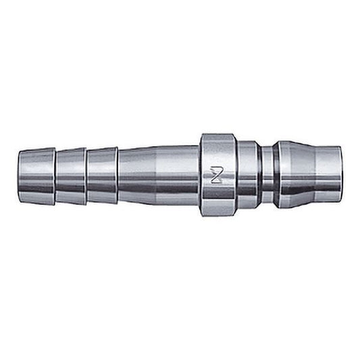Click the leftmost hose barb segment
click(37, 176)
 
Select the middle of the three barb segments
click(71, 176)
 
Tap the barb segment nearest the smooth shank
click(102, 176)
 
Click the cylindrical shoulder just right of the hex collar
click(247, 176)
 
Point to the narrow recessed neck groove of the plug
click(269, 176)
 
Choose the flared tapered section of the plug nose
click(294, 176)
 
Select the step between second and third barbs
click(86, 176)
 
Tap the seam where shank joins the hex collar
click(200, 176)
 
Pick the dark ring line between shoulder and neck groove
click(259, 176)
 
